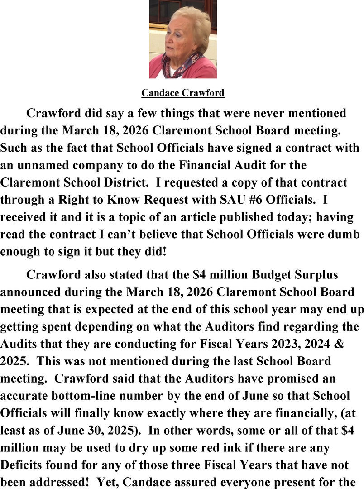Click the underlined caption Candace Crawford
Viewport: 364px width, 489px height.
click(182, 93)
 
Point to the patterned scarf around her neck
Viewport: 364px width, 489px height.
click(181, 66)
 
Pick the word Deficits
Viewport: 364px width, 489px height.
click(21, 465)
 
